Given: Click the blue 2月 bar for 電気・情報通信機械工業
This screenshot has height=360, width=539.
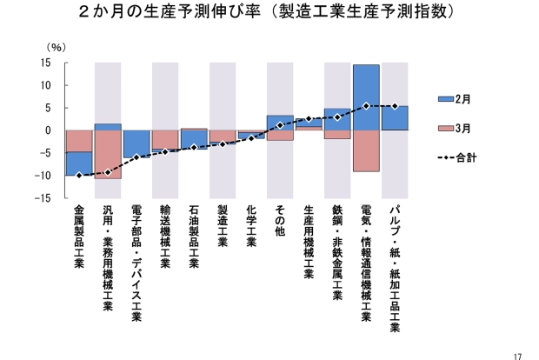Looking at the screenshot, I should point(366,97).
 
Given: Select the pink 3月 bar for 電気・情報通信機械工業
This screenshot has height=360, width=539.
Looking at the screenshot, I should point(366,150).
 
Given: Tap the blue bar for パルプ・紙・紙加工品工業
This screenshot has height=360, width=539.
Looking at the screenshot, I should point(395,118).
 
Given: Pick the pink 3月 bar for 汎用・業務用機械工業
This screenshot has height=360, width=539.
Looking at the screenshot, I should point(108,154).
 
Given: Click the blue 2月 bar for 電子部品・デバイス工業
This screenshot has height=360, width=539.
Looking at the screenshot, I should point(136,143).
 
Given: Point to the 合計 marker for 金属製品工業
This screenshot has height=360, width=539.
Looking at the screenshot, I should point(79,176).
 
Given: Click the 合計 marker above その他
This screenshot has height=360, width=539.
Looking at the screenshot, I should point(280,125).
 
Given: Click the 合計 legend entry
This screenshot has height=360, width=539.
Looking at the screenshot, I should point(456,157).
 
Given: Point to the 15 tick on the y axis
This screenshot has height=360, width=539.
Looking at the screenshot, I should point(44,63).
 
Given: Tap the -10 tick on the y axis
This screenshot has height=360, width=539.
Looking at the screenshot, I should point(43,176).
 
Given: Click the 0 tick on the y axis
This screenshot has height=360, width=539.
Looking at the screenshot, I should point(48,130).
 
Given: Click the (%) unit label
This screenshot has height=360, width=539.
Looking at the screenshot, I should point(56,47).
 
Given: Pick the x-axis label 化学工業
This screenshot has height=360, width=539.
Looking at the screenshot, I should point(251,225).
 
